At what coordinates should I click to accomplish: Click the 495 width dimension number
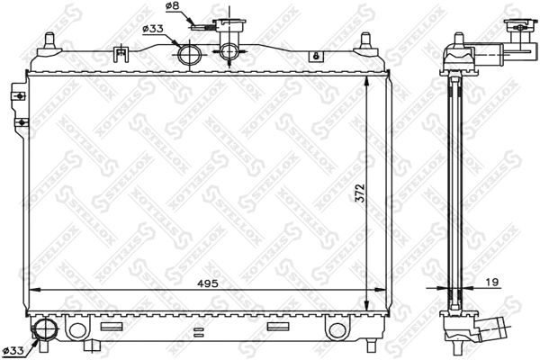pyautogui.click(x=209, y=282)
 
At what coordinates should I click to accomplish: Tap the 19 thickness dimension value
pyautogui.click(x=493, y=282)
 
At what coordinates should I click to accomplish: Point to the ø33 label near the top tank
pyautogui.click(x=153, y=28)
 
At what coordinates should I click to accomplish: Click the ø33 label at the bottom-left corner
pyautogui.click(x=13, y=349)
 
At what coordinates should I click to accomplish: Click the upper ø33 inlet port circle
pyautogui.click(x=189, y=55)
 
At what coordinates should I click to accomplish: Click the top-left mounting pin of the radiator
pyautogui.click(x=49, y=40)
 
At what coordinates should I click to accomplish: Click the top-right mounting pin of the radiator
pyautogui.click(x=364, y=41)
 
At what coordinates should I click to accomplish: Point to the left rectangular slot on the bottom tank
pyautogui.click(x=112, y=327)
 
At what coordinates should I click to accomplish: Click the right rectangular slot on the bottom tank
pyautogui.click(x=280, y=327)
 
